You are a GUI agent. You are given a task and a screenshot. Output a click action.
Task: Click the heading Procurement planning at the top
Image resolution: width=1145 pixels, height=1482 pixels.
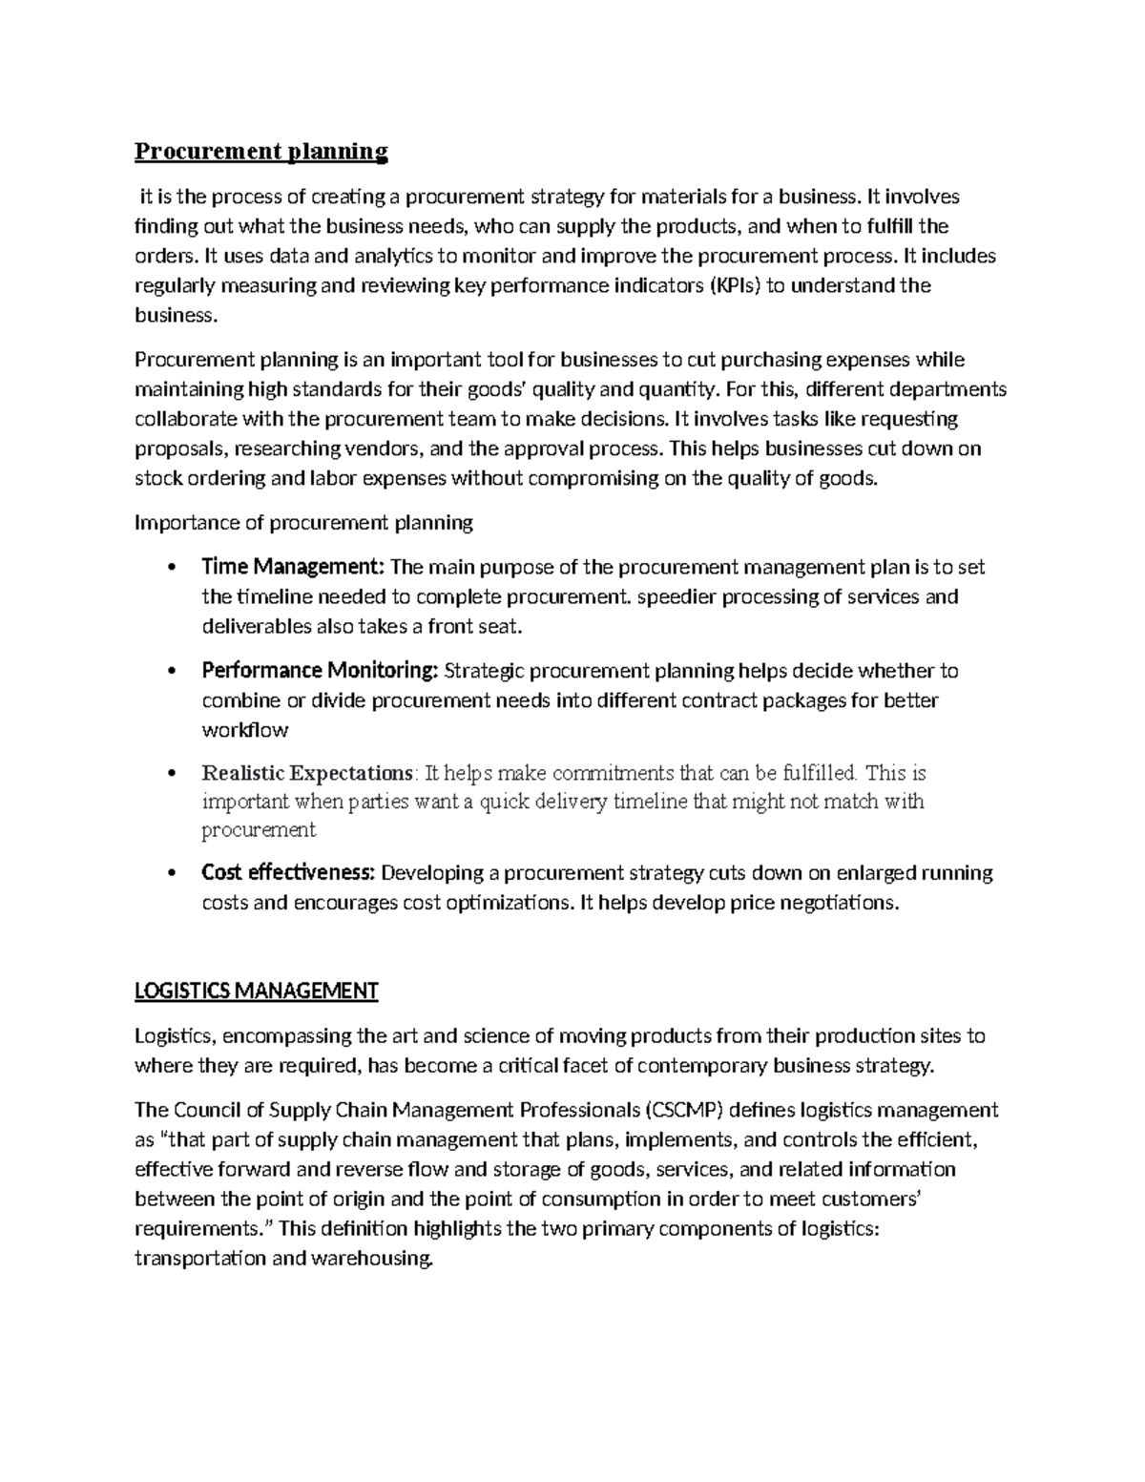coord(260,151)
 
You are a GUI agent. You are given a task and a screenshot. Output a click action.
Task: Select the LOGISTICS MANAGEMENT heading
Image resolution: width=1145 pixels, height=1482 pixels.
coord(256,991)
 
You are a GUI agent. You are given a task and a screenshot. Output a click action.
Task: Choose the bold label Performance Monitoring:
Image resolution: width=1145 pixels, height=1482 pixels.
coord(320,671)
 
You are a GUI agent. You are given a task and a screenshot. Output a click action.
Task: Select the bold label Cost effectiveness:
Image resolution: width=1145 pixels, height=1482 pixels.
coord(289,872)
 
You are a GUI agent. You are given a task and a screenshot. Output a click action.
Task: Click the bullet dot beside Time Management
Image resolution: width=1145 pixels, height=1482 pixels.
coord(171,568)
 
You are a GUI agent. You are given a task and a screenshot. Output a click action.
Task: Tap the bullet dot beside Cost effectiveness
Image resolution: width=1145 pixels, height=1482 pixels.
coord(171,873)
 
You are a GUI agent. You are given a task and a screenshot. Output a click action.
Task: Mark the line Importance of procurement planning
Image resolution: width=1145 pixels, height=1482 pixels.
coord(303,522)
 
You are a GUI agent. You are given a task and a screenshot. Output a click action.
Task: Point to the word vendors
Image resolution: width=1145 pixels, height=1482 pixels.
coord(395,449)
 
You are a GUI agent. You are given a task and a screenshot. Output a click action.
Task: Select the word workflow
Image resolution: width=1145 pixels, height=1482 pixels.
coord(244,730)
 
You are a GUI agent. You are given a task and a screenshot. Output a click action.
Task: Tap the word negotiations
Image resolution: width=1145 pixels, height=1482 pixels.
coord(840,902)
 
